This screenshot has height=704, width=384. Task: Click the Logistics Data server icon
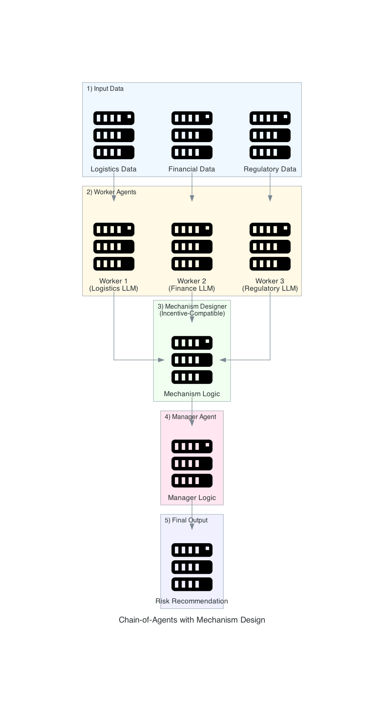point(114,135)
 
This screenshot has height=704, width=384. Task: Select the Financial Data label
point(192,169)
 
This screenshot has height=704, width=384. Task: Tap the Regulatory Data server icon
point(270,135)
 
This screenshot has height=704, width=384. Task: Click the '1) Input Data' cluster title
point(105,89)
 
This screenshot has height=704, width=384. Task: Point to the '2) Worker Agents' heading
point(111,192)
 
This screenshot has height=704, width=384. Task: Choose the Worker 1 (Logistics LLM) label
point(113,285)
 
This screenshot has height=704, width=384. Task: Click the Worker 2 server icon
point(192,246)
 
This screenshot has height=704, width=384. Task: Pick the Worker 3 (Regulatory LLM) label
point(270,285)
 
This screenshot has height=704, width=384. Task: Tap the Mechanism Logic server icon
point(192,360)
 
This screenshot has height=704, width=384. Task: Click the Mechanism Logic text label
point(192,394)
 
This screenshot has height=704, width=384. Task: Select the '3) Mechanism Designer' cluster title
point(192,310)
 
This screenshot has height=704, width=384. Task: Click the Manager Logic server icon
point(192,463)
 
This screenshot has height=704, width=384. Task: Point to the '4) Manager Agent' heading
point(190,417)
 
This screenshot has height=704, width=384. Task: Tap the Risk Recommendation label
point(192,601)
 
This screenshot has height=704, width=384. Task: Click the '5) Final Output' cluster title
point(186,520)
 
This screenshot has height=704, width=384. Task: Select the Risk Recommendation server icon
point(192,567)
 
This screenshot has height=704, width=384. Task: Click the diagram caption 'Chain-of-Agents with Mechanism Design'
point(192,620)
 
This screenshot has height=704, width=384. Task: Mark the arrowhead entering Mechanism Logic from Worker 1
point(161,360)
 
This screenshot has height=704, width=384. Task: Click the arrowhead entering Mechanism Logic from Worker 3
point(223,360)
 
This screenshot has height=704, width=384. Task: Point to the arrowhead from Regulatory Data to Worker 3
point(270,198)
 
